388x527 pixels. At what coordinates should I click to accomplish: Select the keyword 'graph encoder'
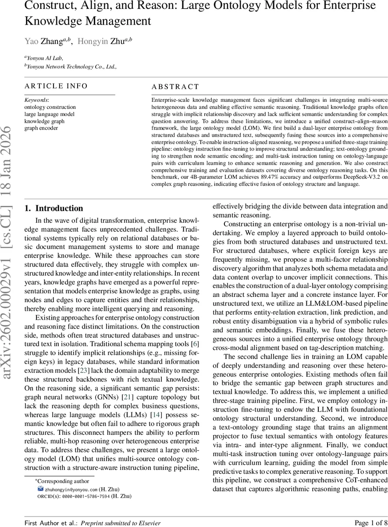pyautogui.click(x=41, y=128)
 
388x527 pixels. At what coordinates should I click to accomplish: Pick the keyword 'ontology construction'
pyautogui.click(x=50, y=107)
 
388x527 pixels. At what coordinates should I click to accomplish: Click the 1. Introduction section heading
pyautogui.click(x=54, y=208)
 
